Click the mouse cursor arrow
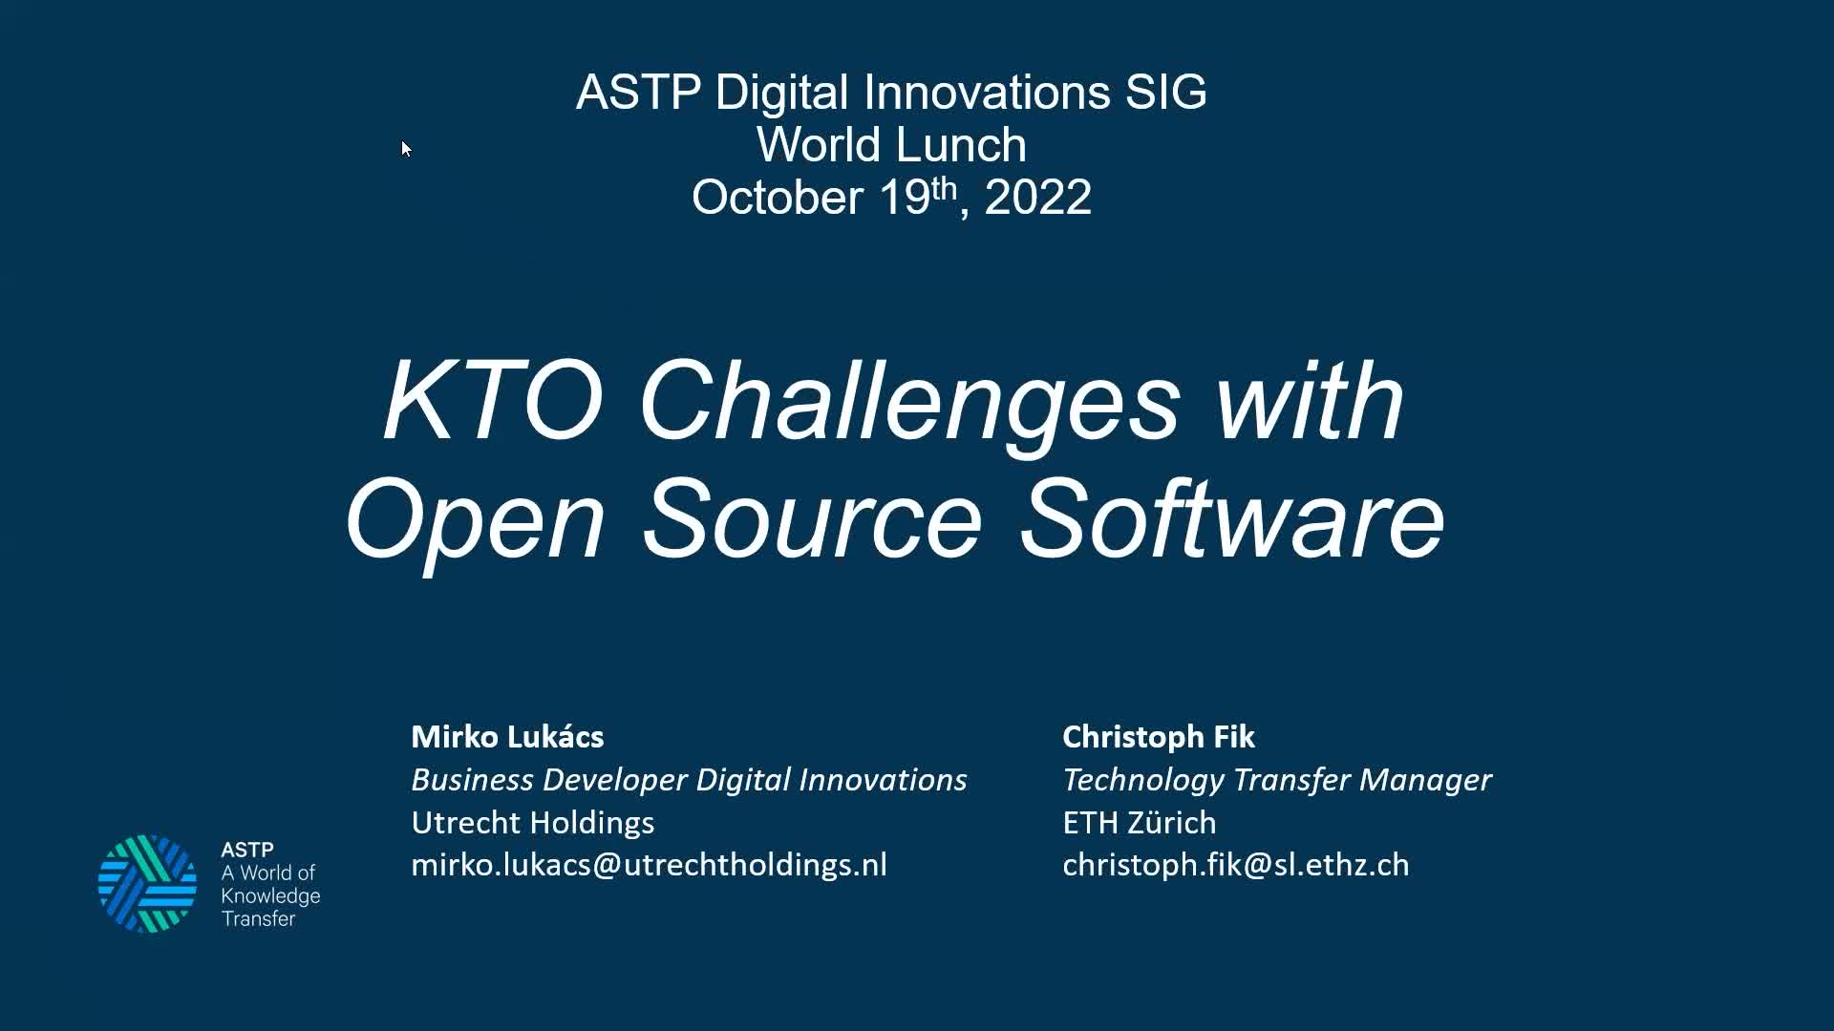click(406, 149)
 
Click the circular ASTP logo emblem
click(147, 884)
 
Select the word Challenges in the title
click(909, 403)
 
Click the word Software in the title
click(1231, 520)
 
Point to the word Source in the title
click(812, 520)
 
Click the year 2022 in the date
click(1037, 198)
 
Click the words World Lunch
click(891, 145)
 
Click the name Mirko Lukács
click(507, 737)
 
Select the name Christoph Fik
click(1158, 737)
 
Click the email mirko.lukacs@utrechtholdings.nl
click(649, 865)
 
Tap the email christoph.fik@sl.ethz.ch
click(1235, 865)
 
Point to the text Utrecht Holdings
click(532, 822)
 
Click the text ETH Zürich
click(1139, 822)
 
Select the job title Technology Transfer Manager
click(1276, 780)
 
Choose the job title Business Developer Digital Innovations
click(689, 780)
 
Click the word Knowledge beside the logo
click(270, 895)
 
